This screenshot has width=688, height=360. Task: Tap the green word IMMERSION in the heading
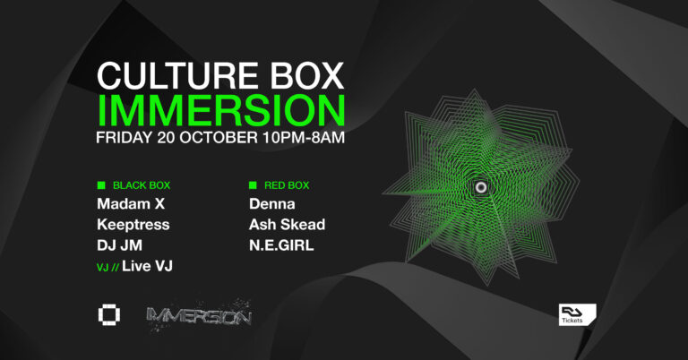tap(220, 111)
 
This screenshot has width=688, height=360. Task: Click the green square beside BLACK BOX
tap(101, 185)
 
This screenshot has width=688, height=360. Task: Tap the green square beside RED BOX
tap(254, 185)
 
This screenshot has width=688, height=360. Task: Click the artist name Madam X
tap(131, 204)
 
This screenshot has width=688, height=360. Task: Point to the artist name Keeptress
tap(133, 224)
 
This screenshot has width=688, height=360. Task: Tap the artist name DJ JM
tap(118, 244)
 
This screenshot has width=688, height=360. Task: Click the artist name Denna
tap(271, 204)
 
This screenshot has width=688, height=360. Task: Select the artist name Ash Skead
tap(287, 224)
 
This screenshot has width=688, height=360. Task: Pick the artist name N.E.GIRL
tap(281, 244)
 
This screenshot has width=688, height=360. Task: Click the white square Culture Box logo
tap(108, 316)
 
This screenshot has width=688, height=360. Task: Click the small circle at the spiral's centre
tap(482, 186)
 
